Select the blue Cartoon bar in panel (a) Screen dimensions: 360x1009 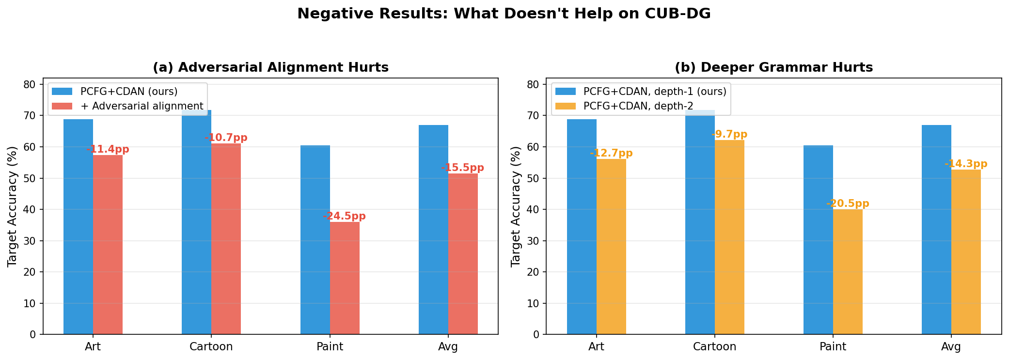click(x=196, y=222)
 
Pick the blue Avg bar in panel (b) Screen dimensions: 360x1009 click(x=936, y=230)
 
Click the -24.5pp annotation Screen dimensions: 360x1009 click(x=345, y=217)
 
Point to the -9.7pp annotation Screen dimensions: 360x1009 click(x=729, y=135)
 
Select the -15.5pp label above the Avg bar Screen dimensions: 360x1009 click(x=463, y=168)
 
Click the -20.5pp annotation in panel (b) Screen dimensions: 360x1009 click(x=848, y=204)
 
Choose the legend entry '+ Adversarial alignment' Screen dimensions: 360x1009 click(x=142, y=106)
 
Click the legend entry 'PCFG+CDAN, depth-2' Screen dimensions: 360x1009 click(x=638, y=106)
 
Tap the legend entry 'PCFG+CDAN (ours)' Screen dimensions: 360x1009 click(x=129, y=92)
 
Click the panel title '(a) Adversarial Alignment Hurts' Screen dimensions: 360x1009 click(x=270, y=68)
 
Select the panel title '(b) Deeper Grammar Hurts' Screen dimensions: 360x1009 click(x=773, y=68)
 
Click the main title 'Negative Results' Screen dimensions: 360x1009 click(x=504, y=14)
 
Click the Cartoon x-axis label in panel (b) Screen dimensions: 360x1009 click(x=714, y=347)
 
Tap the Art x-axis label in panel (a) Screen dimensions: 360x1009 click(x=93, y=347)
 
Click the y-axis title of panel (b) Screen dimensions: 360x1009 click(x=516, y=206)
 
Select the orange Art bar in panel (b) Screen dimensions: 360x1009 click(x=611, y=247)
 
